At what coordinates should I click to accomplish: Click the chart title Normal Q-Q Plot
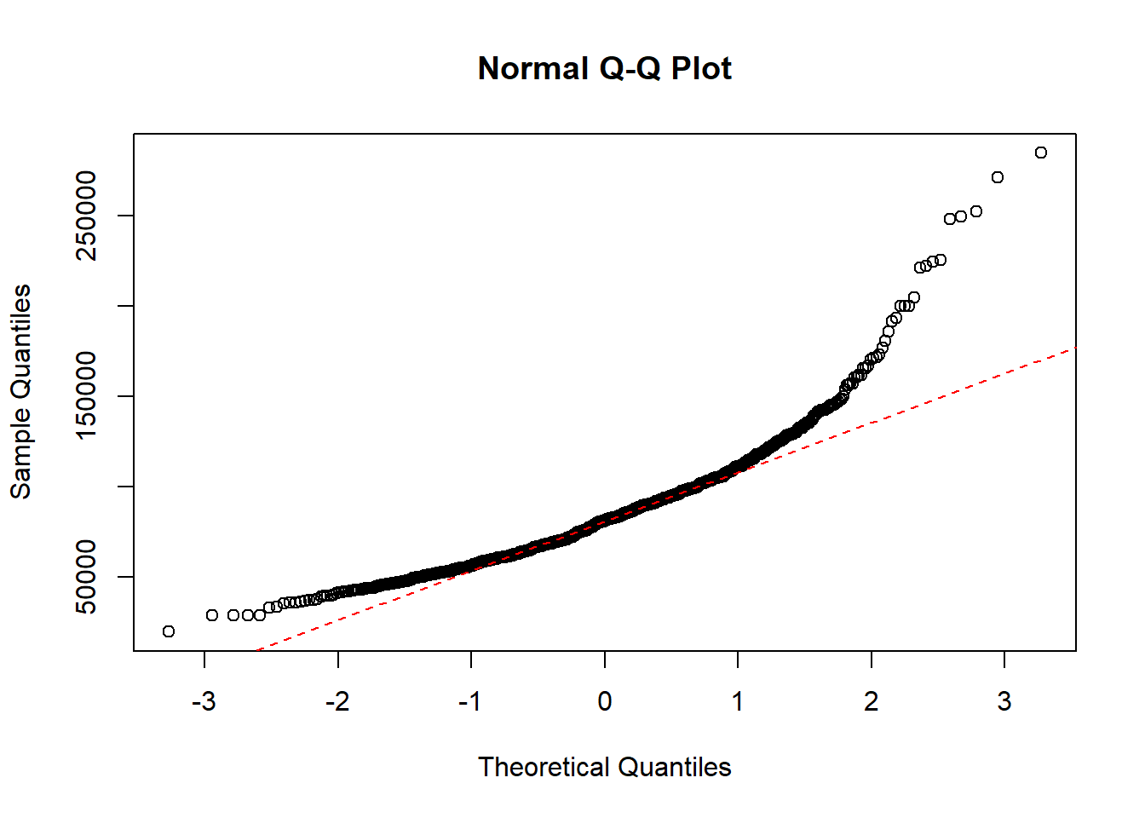(604, 68)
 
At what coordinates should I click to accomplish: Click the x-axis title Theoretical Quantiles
(604, 767)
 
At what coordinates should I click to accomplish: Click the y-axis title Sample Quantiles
(20, 391)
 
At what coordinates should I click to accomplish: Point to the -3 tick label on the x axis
(204, 701)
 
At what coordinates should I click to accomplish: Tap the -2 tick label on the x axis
(337, 701)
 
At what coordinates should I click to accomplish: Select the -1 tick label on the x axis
(470, 701)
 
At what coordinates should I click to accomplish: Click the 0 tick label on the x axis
(604, 701)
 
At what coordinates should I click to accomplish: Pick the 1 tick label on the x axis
(738, 701)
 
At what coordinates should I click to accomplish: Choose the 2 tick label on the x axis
(871, 701)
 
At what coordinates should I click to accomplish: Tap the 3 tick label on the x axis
(1004, 701)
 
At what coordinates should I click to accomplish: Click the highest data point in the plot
(1040, 153)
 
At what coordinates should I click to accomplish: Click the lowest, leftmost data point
(169, 631)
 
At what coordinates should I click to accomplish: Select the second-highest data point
(998, 177)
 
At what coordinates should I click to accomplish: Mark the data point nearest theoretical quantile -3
(212, 615)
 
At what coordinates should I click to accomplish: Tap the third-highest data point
(976, 211)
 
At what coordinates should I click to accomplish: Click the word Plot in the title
(701, 68)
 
